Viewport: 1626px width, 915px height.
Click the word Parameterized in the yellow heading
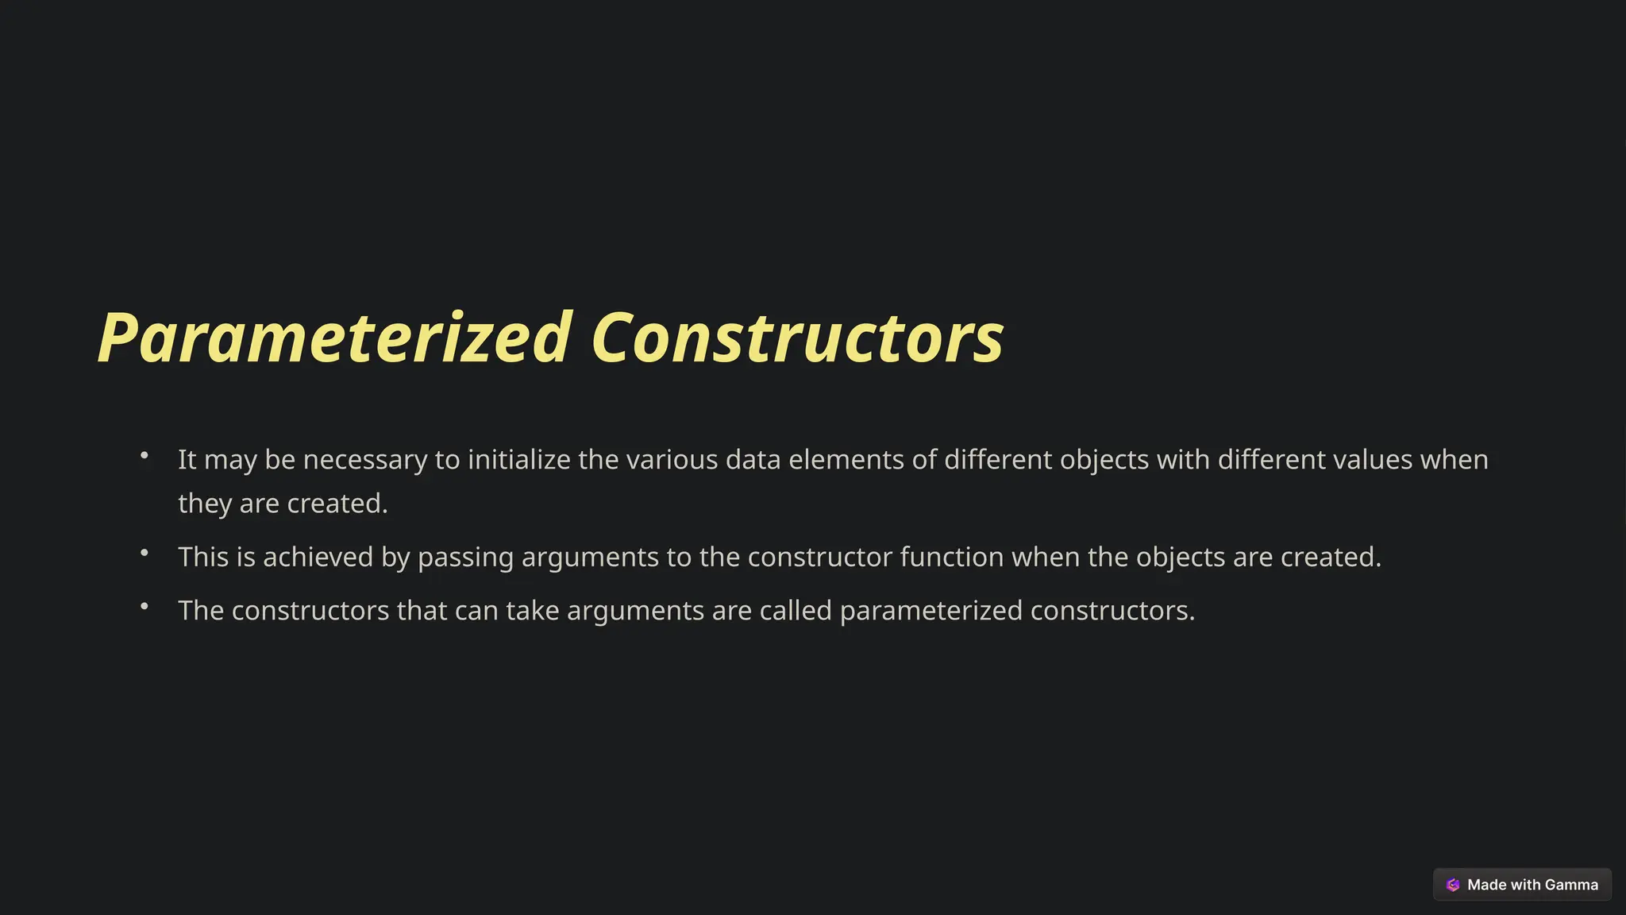click(333, 338)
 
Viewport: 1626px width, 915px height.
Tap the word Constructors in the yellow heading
click(797, 338)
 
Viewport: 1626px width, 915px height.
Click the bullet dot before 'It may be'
click(144, 455)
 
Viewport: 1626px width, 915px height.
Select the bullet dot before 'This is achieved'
click(144, 553)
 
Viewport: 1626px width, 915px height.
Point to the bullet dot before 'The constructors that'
click(144, 606)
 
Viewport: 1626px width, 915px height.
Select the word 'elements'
click(846, 460)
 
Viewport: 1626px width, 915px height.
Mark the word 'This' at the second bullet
click(204, 558)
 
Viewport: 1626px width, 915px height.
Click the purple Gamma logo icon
click(1453, 885)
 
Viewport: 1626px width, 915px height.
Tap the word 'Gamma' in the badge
click(1571, 885)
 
